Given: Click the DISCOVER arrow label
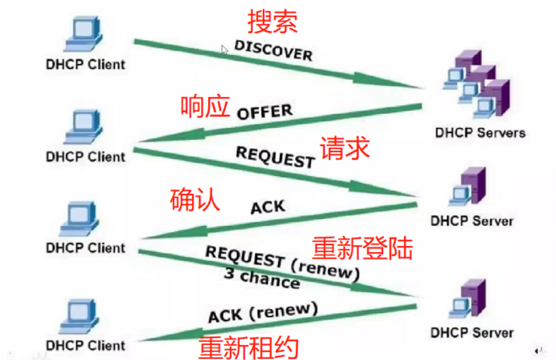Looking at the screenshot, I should (x=273, y=50).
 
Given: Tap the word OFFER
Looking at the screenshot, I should (x=264, y=112).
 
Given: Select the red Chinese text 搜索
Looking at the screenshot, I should (x=273, y=22).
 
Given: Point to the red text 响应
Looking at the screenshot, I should (x=205, y=106).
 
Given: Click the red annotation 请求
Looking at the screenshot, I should (x=344, y=148).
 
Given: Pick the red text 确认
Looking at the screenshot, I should (x=194, y=200).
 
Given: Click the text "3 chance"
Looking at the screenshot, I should (x=262, y=278).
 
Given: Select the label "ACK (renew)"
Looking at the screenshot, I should (x=262, y=313).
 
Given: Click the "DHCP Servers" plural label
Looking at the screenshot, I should (x=480, y=132).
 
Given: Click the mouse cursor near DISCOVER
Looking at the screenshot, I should (x=224, y=49).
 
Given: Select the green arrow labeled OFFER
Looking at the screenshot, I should (x=281, y=124).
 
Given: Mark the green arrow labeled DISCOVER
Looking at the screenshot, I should (x=276, y=64).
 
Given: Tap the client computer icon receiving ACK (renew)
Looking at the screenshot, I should (x=83, y=317).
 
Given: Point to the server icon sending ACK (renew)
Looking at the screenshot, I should (x=468, y=300).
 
